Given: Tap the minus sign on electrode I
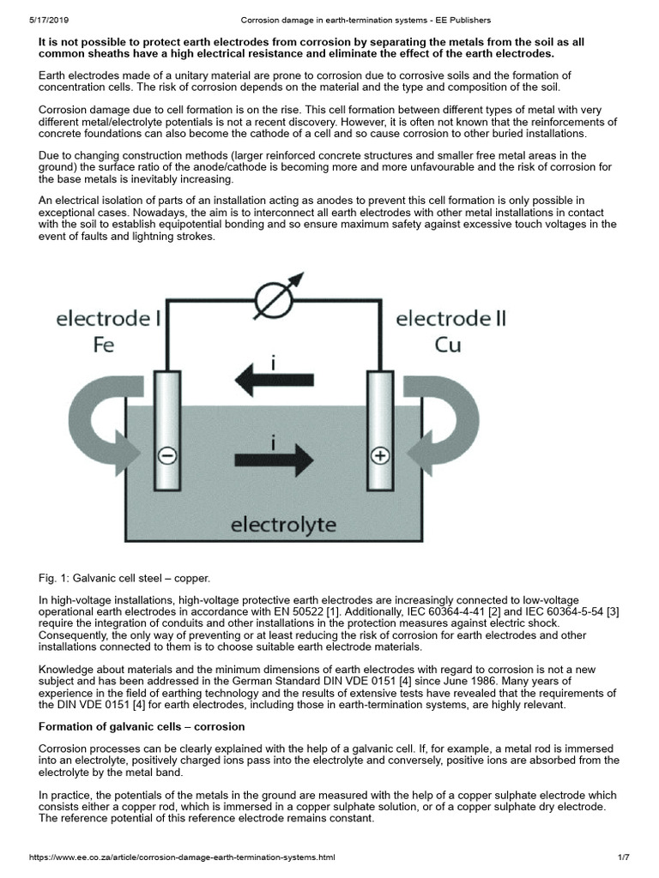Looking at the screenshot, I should click(x=169, y=457).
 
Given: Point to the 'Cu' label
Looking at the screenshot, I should click(x=450, y=347).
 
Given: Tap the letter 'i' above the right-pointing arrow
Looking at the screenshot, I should click(x=273, y=443).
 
